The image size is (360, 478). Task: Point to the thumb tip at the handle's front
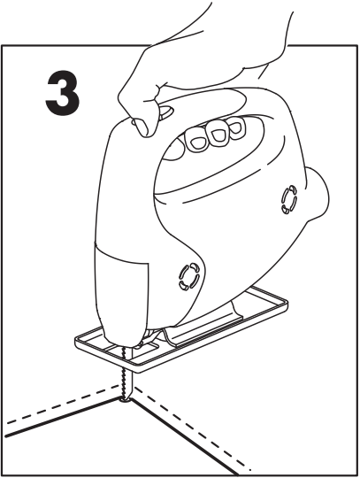[x=165, y=111]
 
